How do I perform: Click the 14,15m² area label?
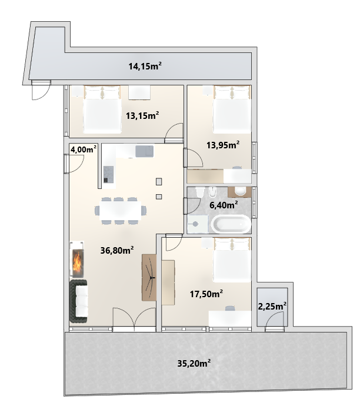[x=145, y=66]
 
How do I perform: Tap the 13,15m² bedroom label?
[x=142, y=115]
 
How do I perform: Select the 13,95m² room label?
[x=223, y=145]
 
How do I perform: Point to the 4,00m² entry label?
[x=84, y=149]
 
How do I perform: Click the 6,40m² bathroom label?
[x=224, y=205]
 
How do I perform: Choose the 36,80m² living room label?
[x=117, y=250]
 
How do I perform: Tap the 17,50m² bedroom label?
[x=206, y=294]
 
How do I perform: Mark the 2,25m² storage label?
[x=272, y=306]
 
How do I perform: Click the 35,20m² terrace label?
[x=194, y=363]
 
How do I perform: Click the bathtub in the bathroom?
[x=231, y=224]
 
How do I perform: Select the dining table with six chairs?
[x=121, y=211]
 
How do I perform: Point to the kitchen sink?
[x=145, y=151]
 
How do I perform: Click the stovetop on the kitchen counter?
[x=109, y=174]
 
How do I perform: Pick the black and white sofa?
[x=79, y=301]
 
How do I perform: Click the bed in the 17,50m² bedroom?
[x=232, y=260]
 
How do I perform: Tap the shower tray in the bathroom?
[x=198, y=224]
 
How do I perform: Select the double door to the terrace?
[x=134, y=319]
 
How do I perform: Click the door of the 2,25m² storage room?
[x=274, y=321]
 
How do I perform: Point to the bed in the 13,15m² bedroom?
[x=102, y=109]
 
